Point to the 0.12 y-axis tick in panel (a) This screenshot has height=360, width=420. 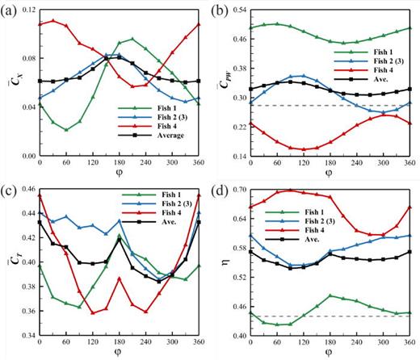(26, 10)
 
